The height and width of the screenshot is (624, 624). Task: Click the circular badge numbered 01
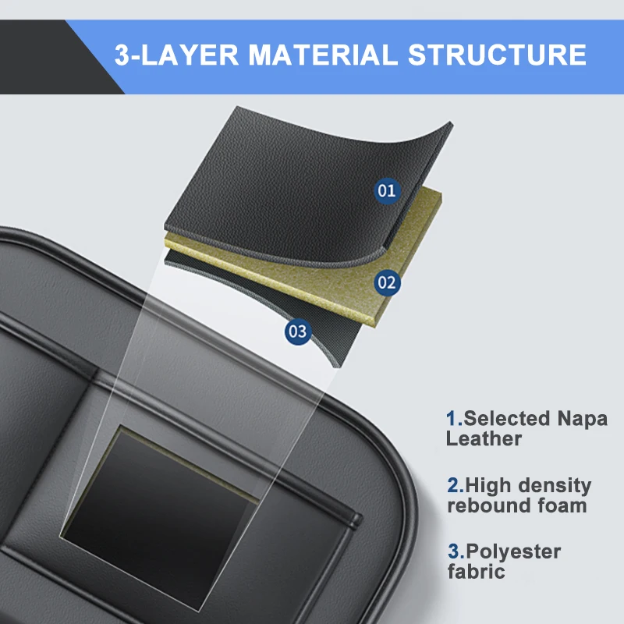point(387,190)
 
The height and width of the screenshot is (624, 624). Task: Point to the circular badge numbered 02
point(387,282)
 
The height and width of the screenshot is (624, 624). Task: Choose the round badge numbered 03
point(298,331)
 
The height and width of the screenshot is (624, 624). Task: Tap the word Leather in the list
point(484,438)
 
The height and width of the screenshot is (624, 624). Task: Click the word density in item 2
point(555,485)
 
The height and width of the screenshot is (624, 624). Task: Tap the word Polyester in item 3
point(513,552)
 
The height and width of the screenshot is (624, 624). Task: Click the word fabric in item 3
point(476,572)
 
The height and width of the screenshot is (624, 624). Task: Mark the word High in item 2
point(488,485)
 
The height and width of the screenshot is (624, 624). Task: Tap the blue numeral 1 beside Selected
point(451,418)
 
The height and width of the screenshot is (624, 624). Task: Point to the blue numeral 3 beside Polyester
point(452,551)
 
